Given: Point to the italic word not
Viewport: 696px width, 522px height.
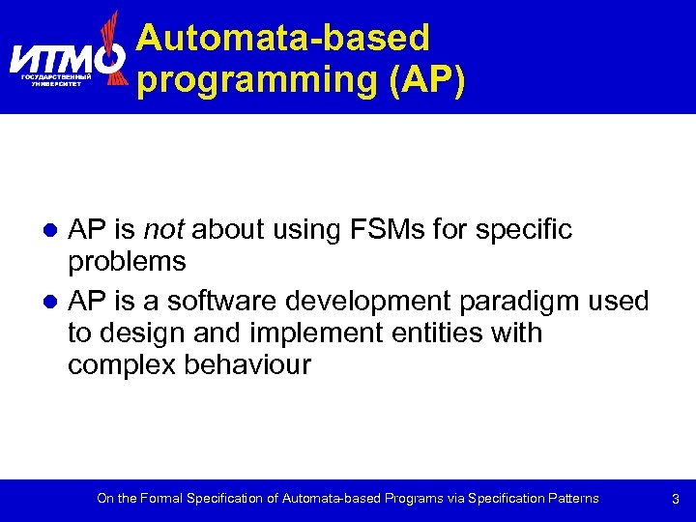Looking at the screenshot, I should click(163, 230).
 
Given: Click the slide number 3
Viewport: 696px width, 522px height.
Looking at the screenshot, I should click(675, 500).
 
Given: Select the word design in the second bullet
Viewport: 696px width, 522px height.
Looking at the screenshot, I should click(134, 333).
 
